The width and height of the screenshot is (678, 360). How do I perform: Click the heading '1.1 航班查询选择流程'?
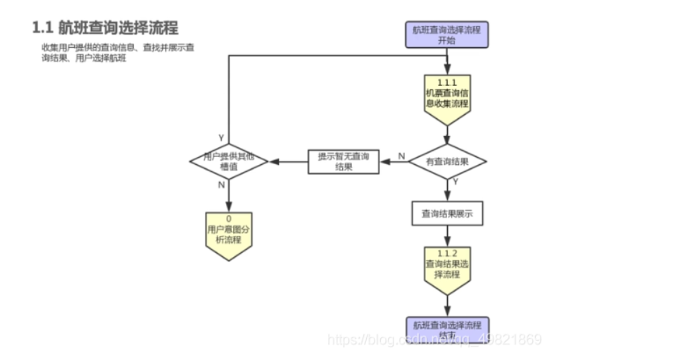tap(106, 27)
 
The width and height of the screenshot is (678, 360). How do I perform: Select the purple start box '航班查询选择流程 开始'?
tap(447, 35)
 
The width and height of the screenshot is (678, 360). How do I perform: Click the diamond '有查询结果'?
tap(447, 161)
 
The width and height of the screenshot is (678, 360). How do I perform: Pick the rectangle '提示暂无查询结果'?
tap(344, 161)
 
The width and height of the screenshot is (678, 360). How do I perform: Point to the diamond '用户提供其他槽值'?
tap(229, 161)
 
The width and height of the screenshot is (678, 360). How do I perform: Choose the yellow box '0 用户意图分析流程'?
tap(229, 233)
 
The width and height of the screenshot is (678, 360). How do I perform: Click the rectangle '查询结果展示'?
tap(447, 213)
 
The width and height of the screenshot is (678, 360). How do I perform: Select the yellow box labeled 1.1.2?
tap(447, 268)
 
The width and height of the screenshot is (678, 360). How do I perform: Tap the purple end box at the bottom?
tap(447, 328)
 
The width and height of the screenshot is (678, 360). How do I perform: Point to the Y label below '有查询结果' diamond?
tap(456, 182)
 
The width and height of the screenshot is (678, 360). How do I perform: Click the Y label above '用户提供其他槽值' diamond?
tap(221, 137)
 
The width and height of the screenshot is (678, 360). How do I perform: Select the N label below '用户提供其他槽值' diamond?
tap(221, 185)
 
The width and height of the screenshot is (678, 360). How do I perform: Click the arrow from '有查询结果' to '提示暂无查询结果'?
tap(394, 162)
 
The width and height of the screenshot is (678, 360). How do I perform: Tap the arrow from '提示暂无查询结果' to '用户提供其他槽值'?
tap(289, 162)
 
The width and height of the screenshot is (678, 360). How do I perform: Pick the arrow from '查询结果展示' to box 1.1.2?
tap(447, 236)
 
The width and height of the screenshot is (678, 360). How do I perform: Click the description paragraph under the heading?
tap(118, 52)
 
